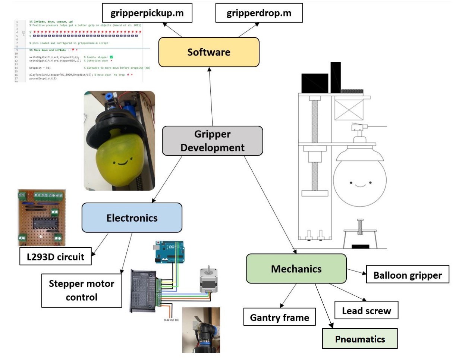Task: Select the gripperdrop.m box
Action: click(259, 13)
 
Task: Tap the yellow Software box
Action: click(208, 52)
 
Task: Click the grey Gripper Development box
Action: click(212, 141)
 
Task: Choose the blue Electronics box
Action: click(132, 217)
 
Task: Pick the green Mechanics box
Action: click(296, 269)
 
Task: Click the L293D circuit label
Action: click(55, 256)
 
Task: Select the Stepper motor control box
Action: click(81, 291)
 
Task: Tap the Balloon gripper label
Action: click(408, 275)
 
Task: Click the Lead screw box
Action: click(366, 310)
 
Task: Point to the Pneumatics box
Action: click(359, 339)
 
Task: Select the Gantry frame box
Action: click(279, 317)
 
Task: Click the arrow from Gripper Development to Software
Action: click(211, 97)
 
